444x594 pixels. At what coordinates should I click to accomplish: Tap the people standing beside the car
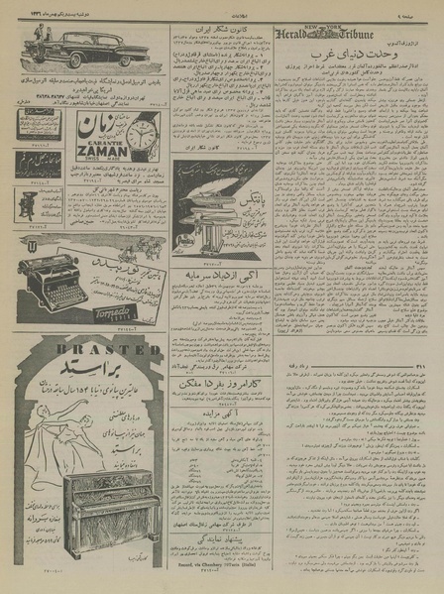click(x=40, y=40)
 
